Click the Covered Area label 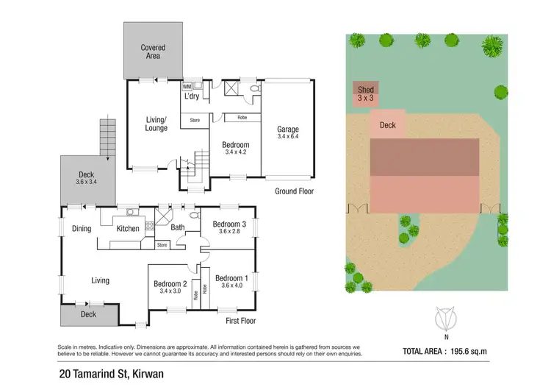tap(153, 52)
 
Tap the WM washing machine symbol tap(187, 86)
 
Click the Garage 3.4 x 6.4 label tap(287, 133)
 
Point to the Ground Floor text tap(295, 191)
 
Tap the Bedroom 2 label tap(170, 287)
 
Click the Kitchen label tap(128, 229)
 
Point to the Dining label tap(82, 229)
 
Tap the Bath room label tap(178, 227)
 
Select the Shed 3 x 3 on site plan tap(366, 93)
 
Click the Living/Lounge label tap(156, 124)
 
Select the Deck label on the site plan tap(388, 125)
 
